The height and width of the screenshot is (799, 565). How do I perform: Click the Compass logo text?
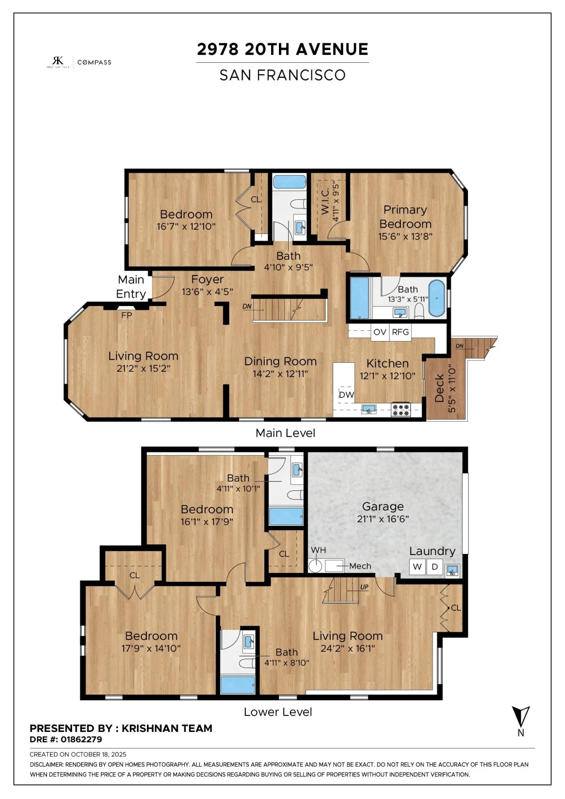coord(95,62)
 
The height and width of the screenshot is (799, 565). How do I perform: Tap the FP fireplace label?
coord(127,315)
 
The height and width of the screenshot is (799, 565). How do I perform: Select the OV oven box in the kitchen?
coord(380,332)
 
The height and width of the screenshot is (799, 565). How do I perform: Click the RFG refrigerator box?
coord(401,332)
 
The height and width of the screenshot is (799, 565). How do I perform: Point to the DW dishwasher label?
coord(346,395)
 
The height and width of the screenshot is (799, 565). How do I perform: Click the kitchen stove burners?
coord(401,410)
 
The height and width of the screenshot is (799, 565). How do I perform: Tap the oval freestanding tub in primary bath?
coord(437,298)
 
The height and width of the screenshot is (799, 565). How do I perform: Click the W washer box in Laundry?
coord(418,567)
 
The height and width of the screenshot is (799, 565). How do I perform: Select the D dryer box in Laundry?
coord(435,567)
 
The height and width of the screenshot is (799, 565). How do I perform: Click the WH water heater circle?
coord(315,566)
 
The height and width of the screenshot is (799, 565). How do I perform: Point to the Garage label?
coord(383,506)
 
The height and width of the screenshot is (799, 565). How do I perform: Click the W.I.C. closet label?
coord(325,201)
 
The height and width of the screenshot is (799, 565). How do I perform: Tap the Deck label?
coord(439,388)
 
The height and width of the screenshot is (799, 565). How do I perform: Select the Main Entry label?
coord(131,286)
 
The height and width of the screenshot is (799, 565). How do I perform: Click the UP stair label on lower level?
coord(364,587)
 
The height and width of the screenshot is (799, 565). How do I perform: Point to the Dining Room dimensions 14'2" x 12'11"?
coord(280,373)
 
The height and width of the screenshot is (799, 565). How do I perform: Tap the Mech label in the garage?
coord(360,566)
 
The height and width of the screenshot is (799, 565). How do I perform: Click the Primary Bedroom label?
coord(405,217)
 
